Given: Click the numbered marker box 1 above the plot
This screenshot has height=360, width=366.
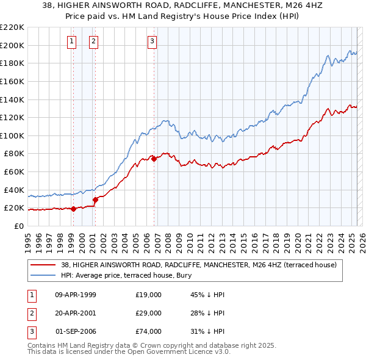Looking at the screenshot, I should [72, 41].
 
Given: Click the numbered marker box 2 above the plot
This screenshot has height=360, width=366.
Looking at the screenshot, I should [94, 41].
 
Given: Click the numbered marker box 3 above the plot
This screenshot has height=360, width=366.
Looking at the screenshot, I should [152, 41].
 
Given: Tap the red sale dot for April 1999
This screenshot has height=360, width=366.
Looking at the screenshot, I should [73, 209].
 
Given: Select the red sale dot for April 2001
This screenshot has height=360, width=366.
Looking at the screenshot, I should [95, 200].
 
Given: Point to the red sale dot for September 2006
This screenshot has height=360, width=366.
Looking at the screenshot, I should [154, 159].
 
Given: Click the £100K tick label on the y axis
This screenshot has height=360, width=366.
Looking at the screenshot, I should [13, 135].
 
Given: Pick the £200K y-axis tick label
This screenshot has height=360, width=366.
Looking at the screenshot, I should [13, 45].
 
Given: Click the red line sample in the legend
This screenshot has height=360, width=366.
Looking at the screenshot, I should [43, 265].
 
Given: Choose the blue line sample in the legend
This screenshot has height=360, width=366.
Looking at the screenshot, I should [43, 275].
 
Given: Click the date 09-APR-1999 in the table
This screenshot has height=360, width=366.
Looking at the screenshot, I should [76, 295].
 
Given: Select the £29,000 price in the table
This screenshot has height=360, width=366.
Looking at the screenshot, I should [149, 313].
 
